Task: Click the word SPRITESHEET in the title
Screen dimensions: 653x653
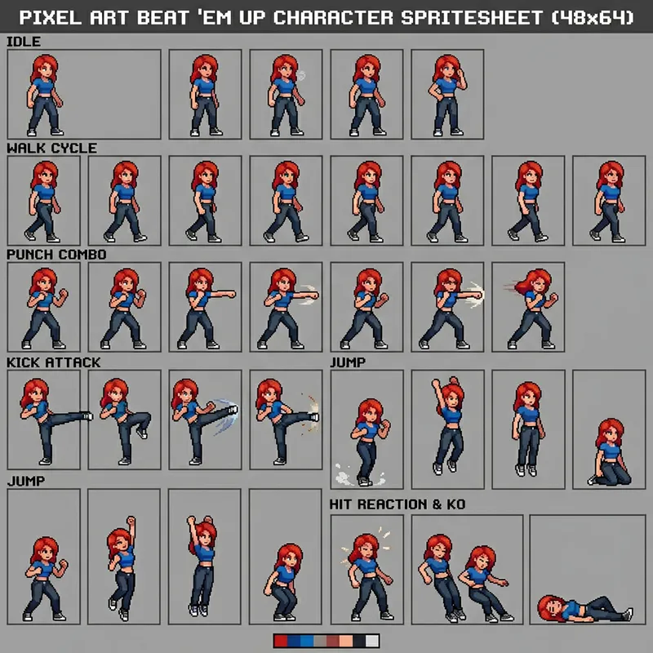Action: pyautogui.click(x=472, y=17)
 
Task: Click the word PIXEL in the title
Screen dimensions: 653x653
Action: pyautogui.click(x=51, y=17)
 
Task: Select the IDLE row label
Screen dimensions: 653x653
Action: pyautogui.click(x=24, y=42)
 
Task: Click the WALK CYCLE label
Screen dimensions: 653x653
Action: pyautogui.click(x=52, y=149)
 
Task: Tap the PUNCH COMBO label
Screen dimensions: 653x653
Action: pyautogui.click(x=56, y=255)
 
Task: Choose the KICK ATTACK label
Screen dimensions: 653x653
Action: pyautogui.click(x=54, y=362)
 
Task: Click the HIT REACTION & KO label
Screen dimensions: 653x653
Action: pyautogui.click(x=398, y=504)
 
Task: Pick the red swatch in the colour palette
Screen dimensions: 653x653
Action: pyautogui.click(x=281, y=641)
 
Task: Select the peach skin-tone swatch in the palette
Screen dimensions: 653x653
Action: pyautogui.click(x=346, y=641)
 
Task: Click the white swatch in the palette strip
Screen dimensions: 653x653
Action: pyautogui.click(x=372, y=641)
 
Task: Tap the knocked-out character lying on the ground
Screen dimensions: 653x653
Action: pyautogui.click(x=585, y=609)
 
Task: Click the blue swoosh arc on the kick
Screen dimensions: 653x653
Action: pyautogui.click(x=226, y=415)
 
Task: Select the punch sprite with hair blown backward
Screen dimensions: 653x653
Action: pyautogui.click(x=531, y=309)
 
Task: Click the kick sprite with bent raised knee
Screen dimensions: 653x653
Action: pyautogui.click(x=126, y=421)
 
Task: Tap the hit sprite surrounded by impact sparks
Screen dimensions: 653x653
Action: pyautogui.click(x=366, y=576)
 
